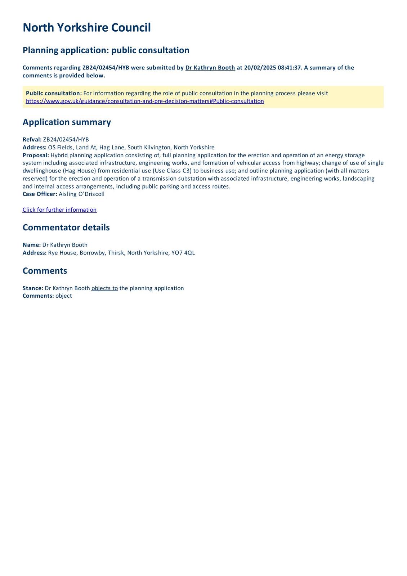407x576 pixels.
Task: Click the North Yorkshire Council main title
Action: [86, 28]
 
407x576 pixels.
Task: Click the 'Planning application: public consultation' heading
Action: [106, 50]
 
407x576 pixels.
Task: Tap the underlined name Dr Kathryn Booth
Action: [210, 68]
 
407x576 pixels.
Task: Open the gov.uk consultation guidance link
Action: [145, 101]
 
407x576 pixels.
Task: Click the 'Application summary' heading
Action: [67, 122]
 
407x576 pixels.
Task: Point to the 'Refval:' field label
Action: [32, 140]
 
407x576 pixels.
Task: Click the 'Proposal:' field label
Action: [36, 155]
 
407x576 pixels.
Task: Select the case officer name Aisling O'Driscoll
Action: [81, 194]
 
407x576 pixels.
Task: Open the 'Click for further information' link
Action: [59, 210]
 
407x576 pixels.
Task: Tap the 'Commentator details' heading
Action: [66, 228]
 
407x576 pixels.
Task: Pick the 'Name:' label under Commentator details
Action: [32, 245]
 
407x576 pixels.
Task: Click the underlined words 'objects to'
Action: [104, 288]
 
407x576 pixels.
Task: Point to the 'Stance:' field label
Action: [33, 288]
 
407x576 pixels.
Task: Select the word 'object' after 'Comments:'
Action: [64, 296]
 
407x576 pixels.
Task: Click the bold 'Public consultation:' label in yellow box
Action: [54, 93]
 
